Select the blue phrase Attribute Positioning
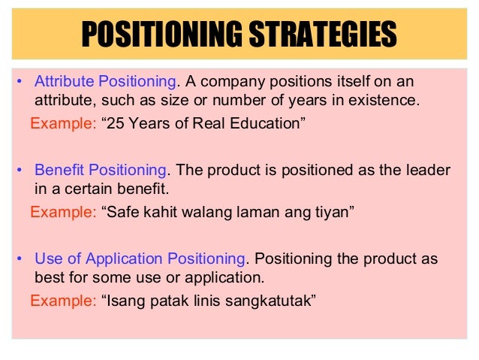106,81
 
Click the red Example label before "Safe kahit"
63,213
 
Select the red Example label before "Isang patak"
63,301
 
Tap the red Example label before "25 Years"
63,123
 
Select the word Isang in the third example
124,301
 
